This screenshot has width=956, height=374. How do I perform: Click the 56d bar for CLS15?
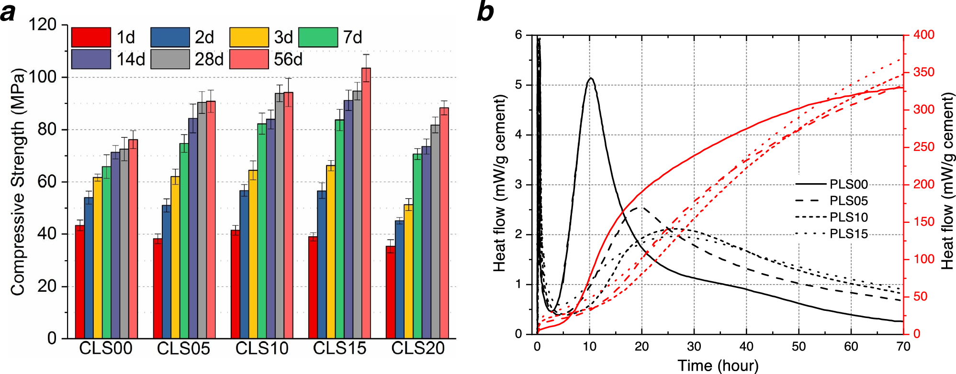coord(366,203)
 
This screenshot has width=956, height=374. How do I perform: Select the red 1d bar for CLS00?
coord(80,282)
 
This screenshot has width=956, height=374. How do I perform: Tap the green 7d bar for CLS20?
coord(417,246)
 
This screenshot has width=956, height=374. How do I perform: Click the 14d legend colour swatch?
coord(91,60)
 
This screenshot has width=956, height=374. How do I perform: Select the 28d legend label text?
coord(209,60)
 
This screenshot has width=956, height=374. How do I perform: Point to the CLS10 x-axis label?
coord(262,348)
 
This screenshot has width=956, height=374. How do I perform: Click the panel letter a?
coord(8,12)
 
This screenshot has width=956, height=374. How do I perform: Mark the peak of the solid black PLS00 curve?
coord(591,78)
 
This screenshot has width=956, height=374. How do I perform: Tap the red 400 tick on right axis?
coord(923,35)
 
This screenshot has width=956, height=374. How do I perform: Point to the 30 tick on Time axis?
coord(694,347)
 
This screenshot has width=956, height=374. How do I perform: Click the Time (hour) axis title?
coord(718,366)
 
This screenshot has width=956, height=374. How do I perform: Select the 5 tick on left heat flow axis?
coord(518,85)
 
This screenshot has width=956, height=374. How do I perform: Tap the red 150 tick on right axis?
coord(923,222)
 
